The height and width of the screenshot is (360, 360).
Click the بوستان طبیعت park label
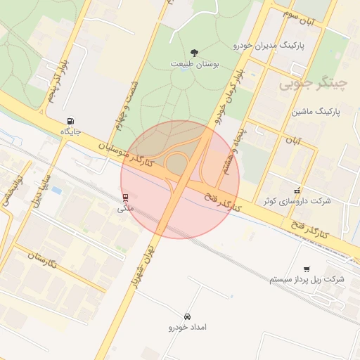[x=195, y=64]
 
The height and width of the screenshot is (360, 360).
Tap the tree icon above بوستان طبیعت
[x=195, y=53]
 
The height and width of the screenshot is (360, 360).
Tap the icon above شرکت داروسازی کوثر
[x=297, y=190]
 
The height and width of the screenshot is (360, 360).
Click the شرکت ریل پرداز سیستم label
[x=307, y=279]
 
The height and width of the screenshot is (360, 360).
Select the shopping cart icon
[x=307, y=269]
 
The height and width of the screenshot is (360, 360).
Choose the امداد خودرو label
[x=188, y=328]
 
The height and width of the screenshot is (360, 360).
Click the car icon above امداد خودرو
[x=188, y=316]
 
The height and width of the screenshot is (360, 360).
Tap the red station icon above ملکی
[x=125, y=197]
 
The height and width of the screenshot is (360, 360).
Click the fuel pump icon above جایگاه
[x=72, y=120]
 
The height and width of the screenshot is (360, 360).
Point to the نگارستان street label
[x=46, y=262]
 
